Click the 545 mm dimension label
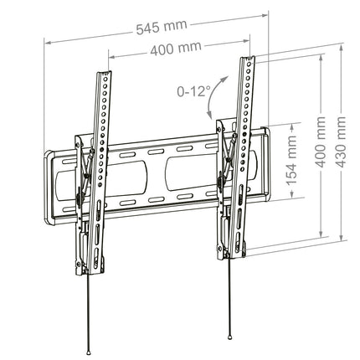pyautogui.click(x=162, y=27)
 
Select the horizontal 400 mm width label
pyautogui.click(x=176, y=49)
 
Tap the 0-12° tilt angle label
pyautogui.click(x=193, y=91)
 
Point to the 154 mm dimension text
pyautogui.click(x=291, y=161)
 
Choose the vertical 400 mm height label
pyautogui.click(x=321, y=142)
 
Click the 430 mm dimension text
pyautogui.click(x=341, y=142)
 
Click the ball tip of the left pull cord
pyautogui.click(x=89, y=345)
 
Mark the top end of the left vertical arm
pyautogui.click(x=105, y=73)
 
